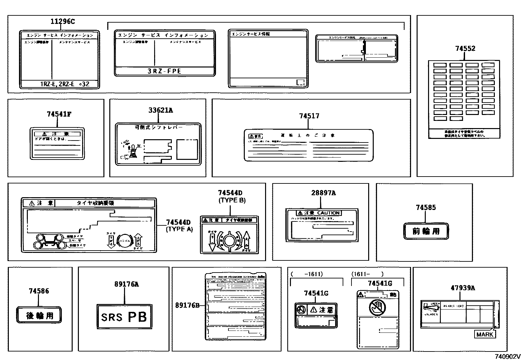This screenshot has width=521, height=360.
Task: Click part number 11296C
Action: point(63,22)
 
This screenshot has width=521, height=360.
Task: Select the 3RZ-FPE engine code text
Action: point(164,71)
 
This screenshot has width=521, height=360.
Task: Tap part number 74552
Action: point(465,48)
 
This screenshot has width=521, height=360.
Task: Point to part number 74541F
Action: point(59,114)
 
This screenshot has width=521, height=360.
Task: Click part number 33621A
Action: point(160,110)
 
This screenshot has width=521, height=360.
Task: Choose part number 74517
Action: point(309,116)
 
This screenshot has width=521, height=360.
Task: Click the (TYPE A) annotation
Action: point(179,229)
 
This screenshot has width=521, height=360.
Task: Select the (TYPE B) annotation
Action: point(232,200)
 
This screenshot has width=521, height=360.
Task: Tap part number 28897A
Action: point(323,193)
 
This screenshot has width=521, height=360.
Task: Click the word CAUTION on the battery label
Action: point(329,213)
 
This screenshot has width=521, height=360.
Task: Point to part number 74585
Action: point(426,207)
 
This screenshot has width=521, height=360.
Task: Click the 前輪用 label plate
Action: point(426,231)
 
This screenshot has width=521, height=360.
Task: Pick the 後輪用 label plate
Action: point(39,316)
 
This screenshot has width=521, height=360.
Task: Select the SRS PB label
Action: point(124,317)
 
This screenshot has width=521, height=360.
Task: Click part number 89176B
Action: point(187,305)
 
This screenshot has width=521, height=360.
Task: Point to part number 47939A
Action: point(462,288)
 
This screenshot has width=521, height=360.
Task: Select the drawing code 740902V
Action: point(507,356)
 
